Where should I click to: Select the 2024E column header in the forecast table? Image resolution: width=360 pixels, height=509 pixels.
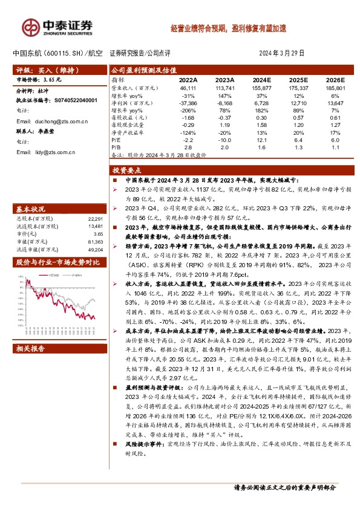click(261, 79)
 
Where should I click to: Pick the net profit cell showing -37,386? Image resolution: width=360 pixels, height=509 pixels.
click(188, 104)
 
